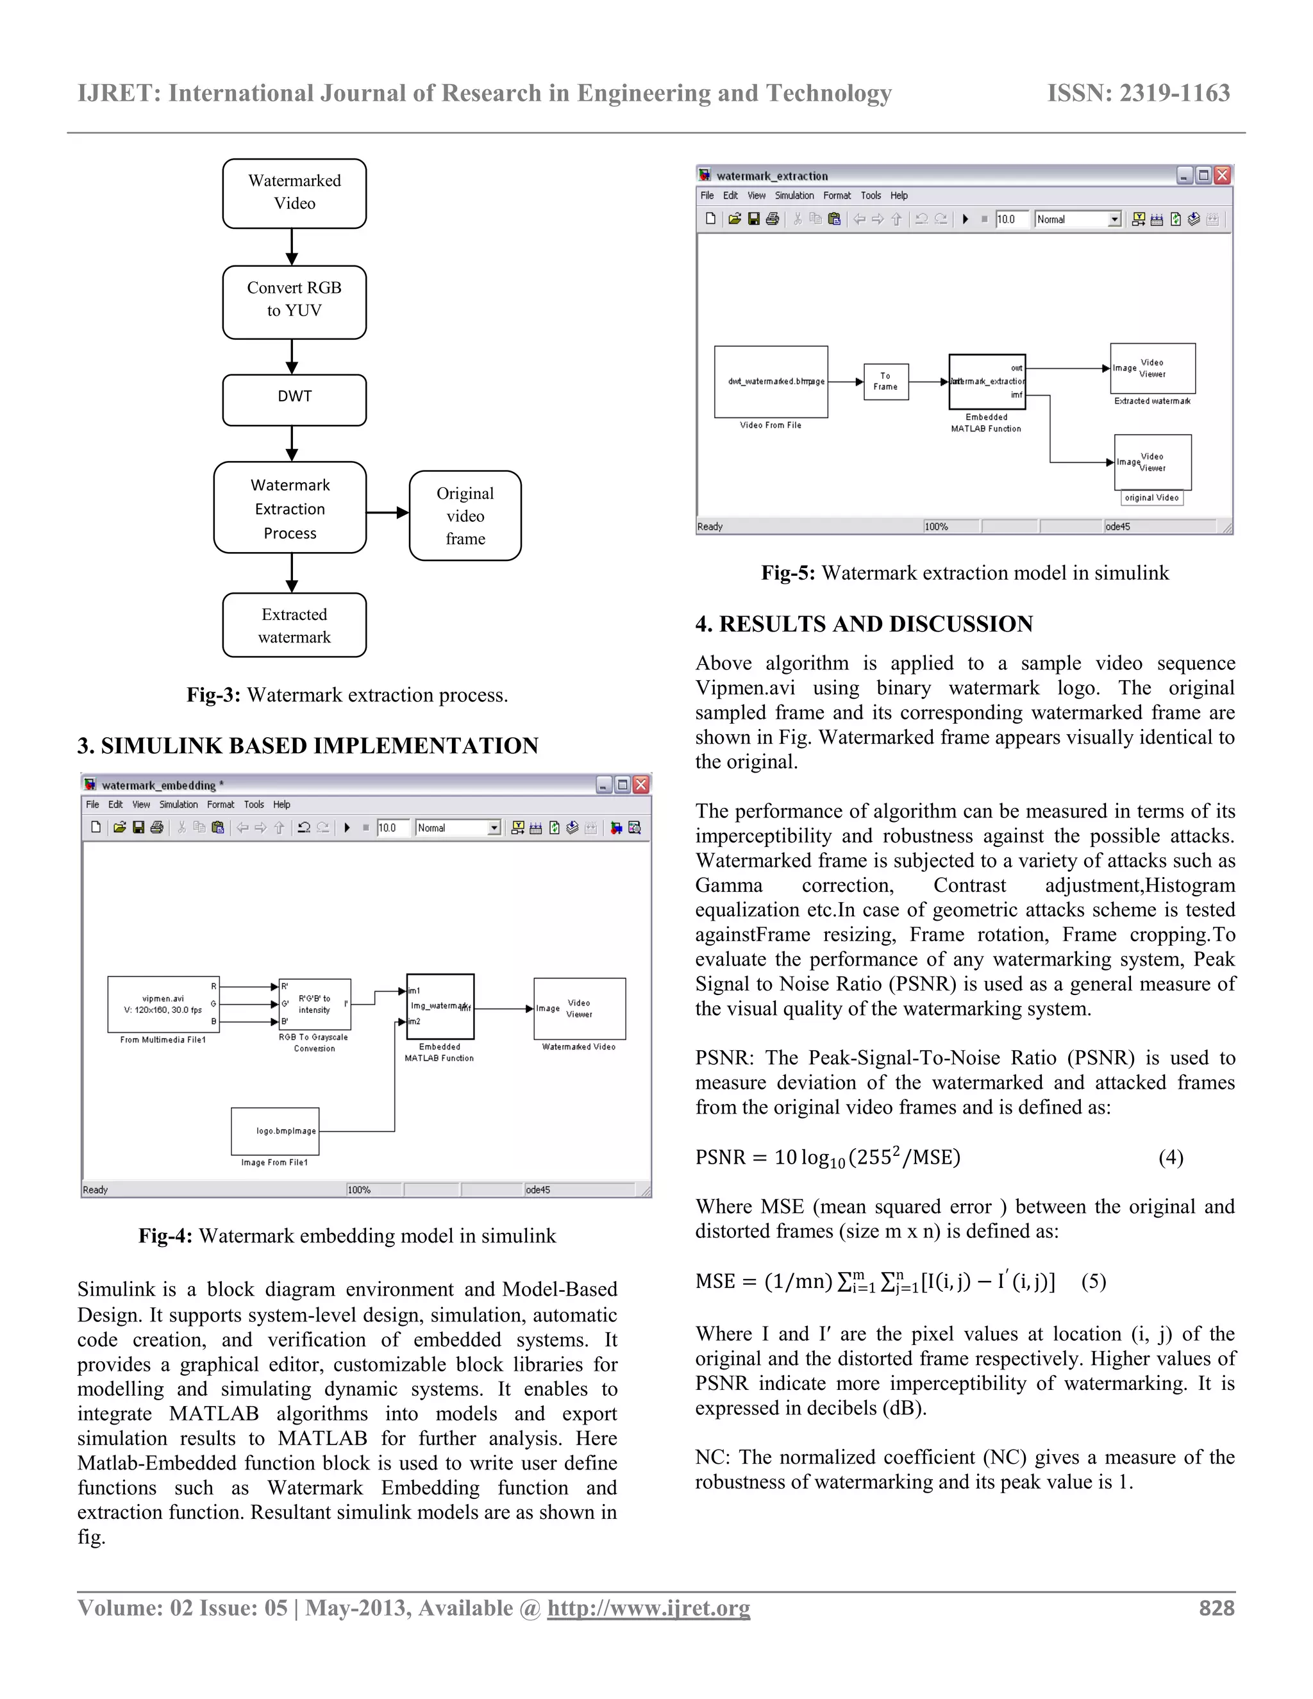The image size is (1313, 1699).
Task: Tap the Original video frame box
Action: pos(465,515)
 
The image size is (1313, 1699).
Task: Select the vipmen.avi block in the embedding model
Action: pos(163,1003)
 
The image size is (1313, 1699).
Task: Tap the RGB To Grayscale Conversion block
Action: pos(314,1003)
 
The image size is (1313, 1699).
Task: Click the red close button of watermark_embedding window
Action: pos(641,784)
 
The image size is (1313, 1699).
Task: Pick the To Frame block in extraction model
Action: pos(886,381)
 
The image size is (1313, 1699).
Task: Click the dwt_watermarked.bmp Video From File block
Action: pos(771,381)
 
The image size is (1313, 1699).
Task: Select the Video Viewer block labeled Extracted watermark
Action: pos(1152,368)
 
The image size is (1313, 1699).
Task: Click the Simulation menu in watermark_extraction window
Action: pos(794,196)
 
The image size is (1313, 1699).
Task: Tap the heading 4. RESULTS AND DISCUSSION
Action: pos(864,624)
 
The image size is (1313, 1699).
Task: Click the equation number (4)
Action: pos(1171,1157)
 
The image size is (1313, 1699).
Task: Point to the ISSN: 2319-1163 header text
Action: pos(1138,94)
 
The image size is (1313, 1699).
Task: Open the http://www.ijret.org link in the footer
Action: pos(648,1608)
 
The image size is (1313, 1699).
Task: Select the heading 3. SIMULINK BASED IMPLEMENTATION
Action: pos(307,745)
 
